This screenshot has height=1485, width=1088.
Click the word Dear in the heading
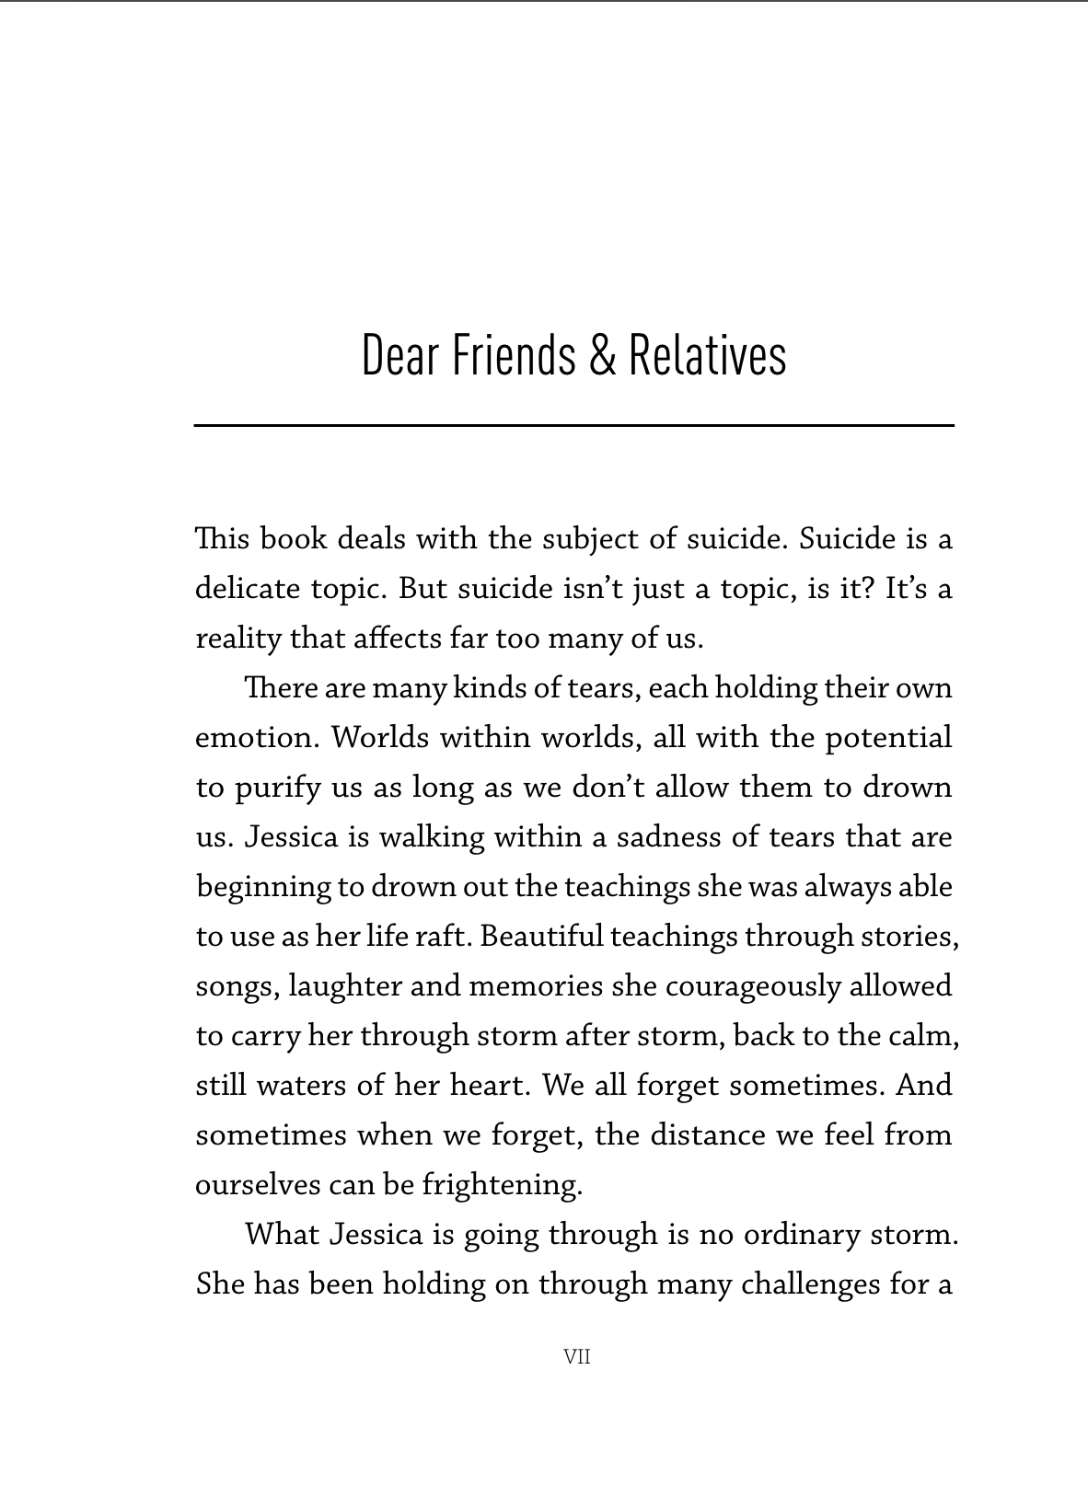pyautogui.click(x=399, y=355)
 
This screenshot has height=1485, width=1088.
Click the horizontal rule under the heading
pyautogui.click(x=573, y=425)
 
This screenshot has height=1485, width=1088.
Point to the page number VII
pyautogui.click(x=576, y=1357)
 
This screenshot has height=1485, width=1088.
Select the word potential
pyautogui.click(x=888, y=738)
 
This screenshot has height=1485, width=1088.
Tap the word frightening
pyautogui.click(x=502, y=1185)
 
